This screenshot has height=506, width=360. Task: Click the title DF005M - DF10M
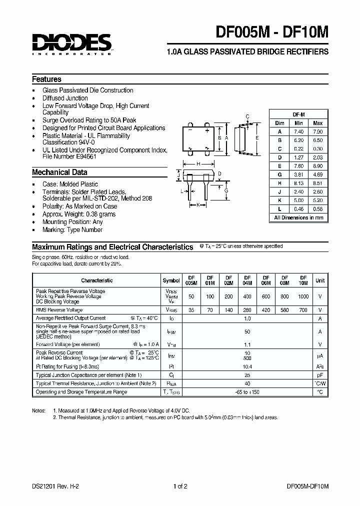click(x=272, y=32)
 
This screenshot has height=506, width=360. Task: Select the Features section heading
click(x=46, y=79)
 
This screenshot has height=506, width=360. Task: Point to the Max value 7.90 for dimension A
click(x=317, y=131)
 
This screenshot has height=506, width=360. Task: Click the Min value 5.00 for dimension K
click(x=298, y=200)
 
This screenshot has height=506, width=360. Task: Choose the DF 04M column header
click(x=247, y=280)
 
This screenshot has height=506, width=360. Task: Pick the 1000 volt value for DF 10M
click(x=303, y=296)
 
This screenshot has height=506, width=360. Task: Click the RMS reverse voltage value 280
click(x=247, y=310)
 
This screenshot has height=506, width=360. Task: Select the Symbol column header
click(x=171, y=280)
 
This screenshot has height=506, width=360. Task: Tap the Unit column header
click(x=320, y=280)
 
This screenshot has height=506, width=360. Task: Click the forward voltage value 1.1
click(x=247, y=344)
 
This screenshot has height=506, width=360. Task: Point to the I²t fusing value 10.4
click(x=247, y=366)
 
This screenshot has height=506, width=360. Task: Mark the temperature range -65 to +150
click(x=247, y=392)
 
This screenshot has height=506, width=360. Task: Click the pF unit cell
click(x=320, y=375)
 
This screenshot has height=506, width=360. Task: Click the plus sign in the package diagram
click(x=207, y=129)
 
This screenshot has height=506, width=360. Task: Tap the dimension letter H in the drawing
click(x=198, y=164)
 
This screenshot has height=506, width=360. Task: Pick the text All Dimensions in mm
click(x=298, y=217)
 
